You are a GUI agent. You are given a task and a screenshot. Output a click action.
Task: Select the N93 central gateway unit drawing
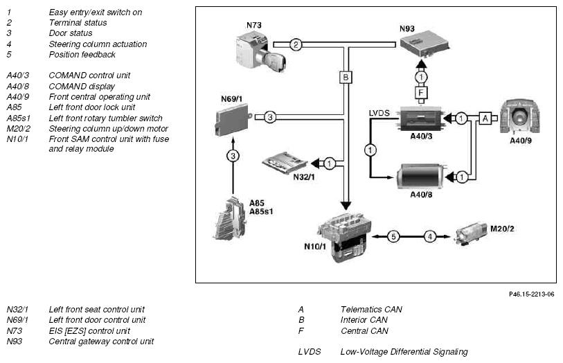425,46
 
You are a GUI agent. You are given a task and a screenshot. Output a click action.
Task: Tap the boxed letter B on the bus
346,78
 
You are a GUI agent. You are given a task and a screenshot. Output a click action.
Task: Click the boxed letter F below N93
421,91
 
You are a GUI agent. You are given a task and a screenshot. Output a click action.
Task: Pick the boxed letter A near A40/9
485,118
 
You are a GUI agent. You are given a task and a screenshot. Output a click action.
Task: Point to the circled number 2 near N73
296,45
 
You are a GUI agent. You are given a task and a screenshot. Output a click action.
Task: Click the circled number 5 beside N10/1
393,236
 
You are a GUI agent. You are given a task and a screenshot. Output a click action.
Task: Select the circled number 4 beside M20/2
429,236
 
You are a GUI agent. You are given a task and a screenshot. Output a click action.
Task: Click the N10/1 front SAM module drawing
341,237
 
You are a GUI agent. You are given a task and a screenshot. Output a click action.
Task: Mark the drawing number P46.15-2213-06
531,294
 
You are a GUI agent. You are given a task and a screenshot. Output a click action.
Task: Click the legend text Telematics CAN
371,309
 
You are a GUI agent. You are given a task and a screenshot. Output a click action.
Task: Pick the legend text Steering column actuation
98,44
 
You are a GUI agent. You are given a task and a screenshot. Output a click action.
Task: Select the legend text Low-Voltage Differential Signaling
404,352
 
